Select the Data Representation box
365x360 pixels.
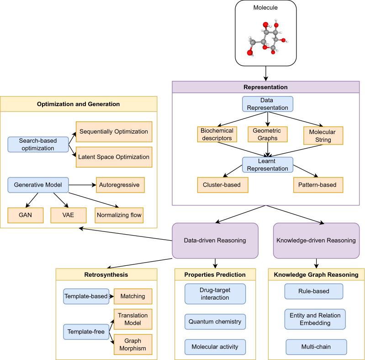[268, 104]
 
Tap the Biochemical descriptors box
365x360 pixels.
[217, 135]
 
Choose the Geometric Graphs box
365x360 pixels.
[267, 134]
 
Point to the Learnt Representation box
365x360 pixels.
[268, 165]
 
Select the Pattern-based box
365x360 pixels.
[318, 184]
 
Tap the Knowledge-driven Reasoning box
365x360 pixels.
[316, 240]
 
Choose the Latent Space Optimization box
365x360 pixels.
[114, 157]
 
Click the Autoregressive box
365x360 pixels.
[120, 185]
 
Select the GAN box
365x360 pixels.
[25, 215]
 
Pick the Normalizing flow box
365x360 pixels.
[119, 215]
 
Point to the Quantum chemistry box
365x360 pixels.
[215, 322]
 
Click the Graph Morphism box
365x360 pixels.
[132, 344]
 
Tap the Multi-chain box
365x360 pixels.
[315, 347]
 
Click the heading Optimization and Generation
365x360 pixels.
[79, 104]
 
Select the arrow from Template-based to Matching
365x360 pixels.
[111, 296]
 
